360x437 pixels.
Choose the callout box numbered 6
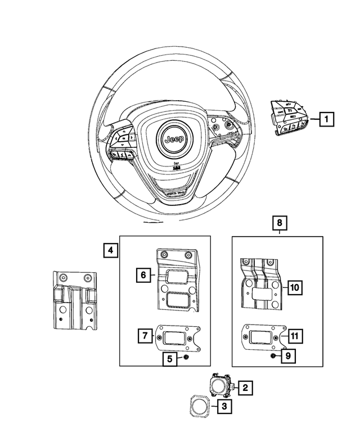click(143, 275)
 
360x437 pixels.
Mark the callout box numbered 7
click(145, 336)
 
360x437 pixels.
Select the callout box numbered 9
click(287, 355)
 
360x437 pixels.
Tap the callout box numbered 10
click(295, 287)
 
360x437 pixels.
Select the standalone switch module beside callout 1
click(290, 117)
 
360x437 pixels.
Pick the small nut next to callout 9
click(272, 355)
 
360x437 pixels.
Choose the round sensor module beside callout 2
click(219, 385)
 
